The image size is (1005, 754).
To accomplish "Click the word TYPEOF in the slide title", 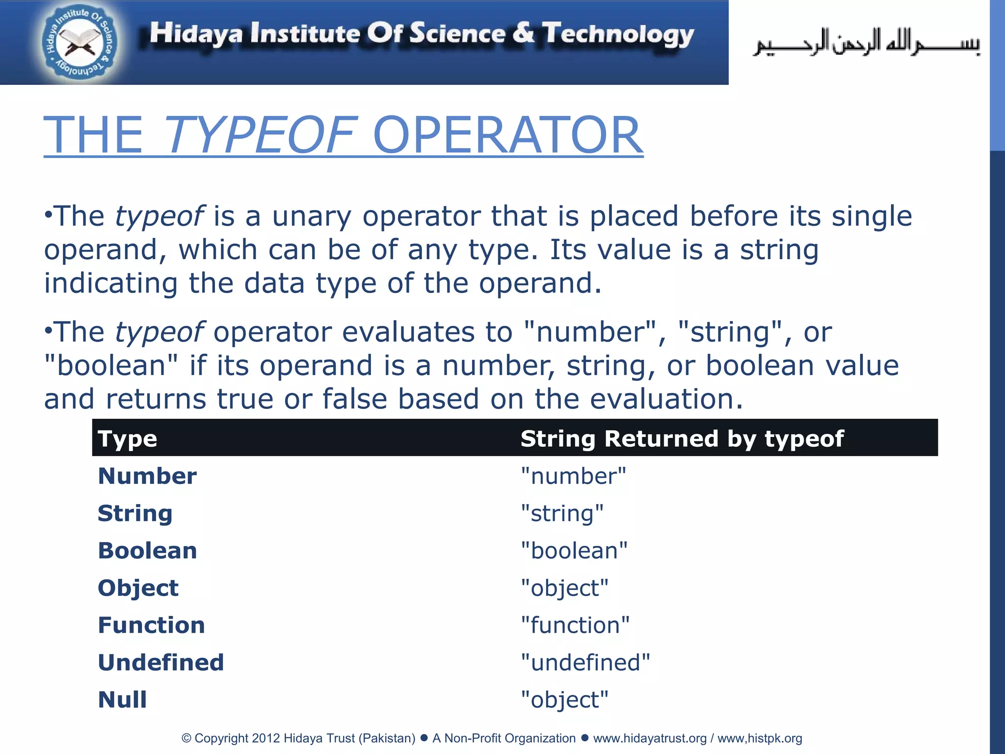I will (258, 135).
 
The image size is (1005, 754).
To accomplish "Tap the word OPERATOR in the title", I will (507, 135).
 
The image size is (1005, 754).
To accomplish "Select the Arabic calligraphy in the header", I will (866, 43).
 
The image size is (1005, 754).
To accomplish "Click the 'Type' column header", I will (128, 438).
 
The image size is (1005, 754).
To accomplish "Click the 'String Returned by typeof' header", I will (682, 438).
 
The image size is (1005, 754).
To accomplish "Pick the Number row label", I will (147, 476).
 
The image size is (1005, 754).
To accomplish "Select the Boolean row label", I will (147, 550).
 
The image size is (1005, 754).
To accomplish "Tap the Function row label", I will (151, 625).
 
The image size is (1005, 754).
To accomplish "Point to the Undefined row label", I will (161, 662).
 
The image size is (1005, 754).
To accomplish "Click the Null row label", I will (122, 700).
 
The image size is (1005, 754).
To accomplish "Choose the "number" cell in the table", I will (573, 476).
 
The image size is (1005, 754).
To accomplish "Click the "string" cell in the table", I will (562, 513).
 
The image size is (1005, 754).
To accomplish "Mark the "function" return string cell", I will (575, 625).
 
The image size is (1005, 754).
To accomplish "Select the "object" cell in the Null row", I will (564, 700).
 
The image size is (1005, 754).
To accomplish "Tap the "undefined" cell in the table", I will (585, 662).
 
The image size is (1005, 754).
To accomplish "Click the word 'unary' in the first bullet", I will (312, 216).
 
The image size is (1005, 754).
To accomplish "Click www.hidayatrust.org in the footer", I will (650, 738).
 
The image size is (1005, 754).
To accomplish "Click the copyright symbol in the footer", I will (186, 738).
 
